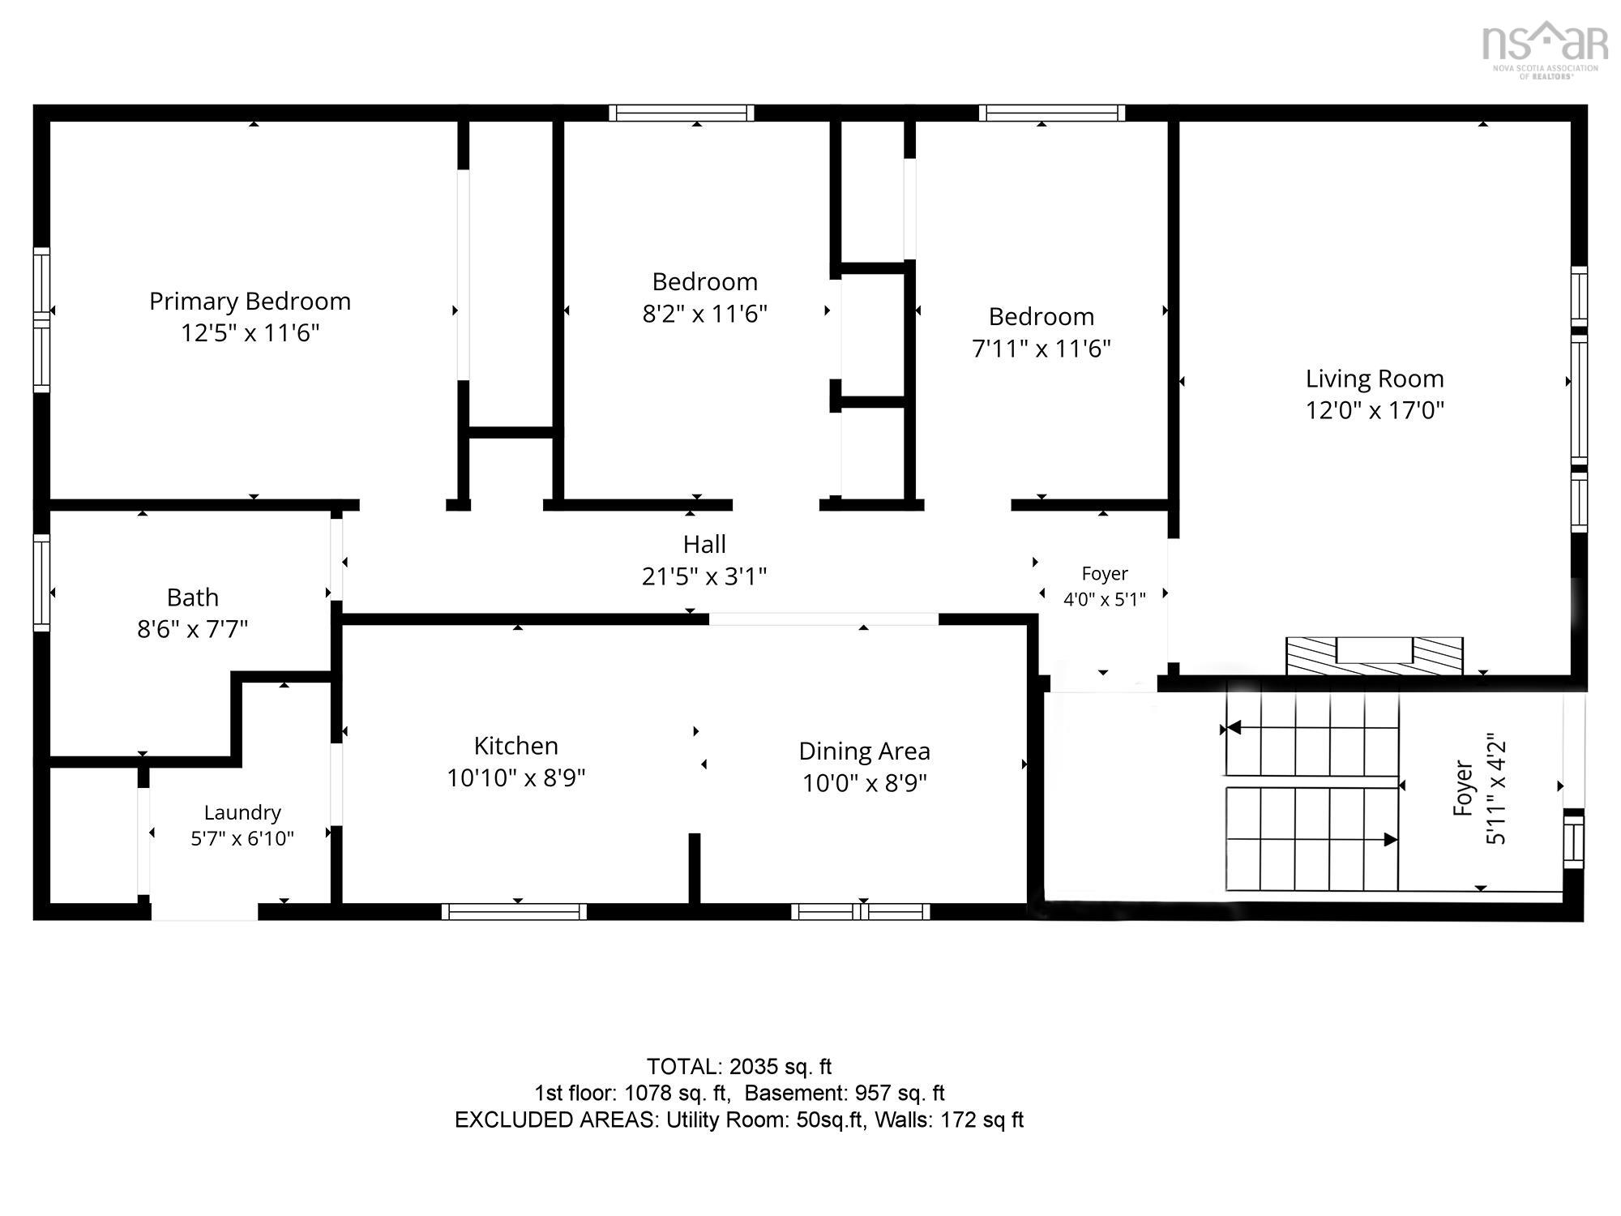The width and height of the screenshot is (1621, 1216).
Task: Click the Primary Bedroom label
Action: click(250, 302)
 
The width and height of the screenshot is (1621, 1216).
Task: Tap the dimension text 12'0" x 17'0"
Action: click(1375, 410)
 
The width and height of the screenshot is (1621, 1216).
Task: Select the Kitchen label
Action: click(516, 746)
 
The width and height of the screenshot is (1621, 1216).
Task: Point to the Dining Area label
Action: click(864, 751)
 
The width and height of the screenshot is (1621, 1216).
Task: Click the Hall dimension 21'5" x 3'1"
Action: click(704, 576)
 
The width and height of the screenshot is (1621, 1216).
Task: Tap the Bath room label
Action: click(193, 597)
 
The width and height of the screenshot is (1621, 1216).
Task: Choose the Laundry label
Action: click(242, 812)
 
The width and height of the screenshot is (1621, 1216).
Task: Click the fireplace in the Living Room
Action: click(1375, 656)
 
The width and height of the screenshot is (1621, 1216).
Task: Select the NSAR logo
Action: click(1545, 49)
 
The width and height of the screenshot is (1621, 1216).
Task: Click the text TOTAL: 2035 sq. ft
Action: click(739, 1067)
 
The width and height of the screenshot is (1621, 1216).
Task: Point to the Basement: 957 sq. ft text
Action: click(845, 1094)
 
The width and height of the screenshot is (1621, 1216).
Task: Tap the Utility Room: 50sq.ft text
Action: click(764, 1120)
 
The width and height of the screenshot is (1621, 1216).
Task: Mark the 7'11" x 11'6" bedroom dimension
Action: click(1041, 349)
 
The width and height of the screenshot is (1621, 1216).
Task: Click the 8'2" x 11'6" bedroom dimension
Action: click(704, 314)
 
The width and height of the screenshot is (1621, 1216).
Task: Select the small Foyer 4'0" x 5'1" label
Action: click(1105, 586)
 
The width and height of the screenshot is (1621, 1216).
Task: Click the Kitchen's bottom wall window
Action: click(514, 911)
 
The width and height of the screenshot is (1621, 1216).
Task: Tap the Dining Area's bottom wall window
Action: click(860, 911)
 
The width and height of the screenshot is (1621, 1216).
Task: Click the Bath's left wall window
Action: click(41, 581)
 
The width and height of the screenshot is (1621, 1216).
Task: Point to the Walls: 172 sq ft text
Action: click(949, 1120)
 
